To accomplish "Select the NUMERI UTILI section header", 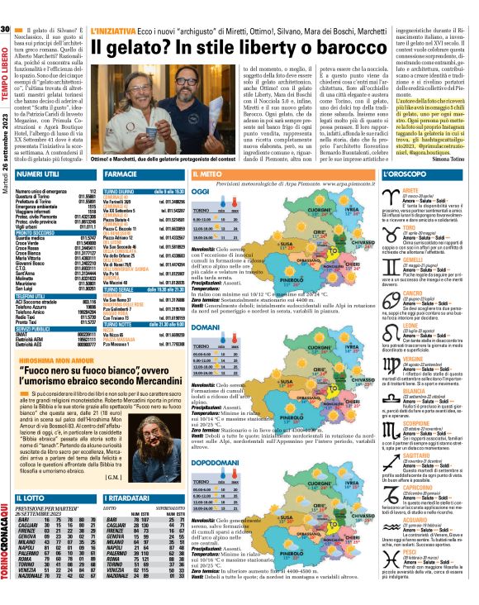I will pos(36,175).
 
